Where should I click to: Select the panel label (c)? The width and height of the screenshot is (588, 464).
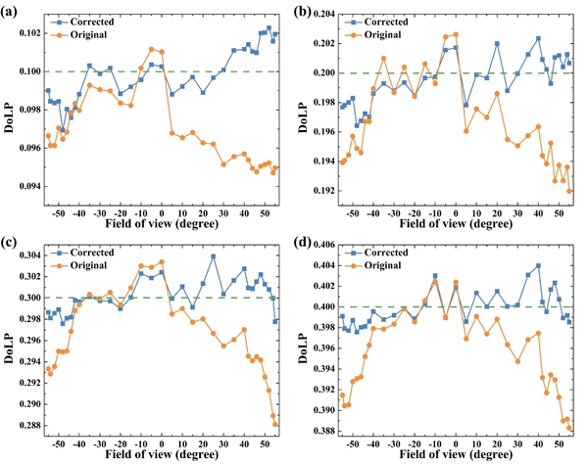[x=9, y=241]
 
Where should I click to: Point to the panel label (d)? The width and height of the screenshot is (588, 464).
[x=302, y=241]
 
